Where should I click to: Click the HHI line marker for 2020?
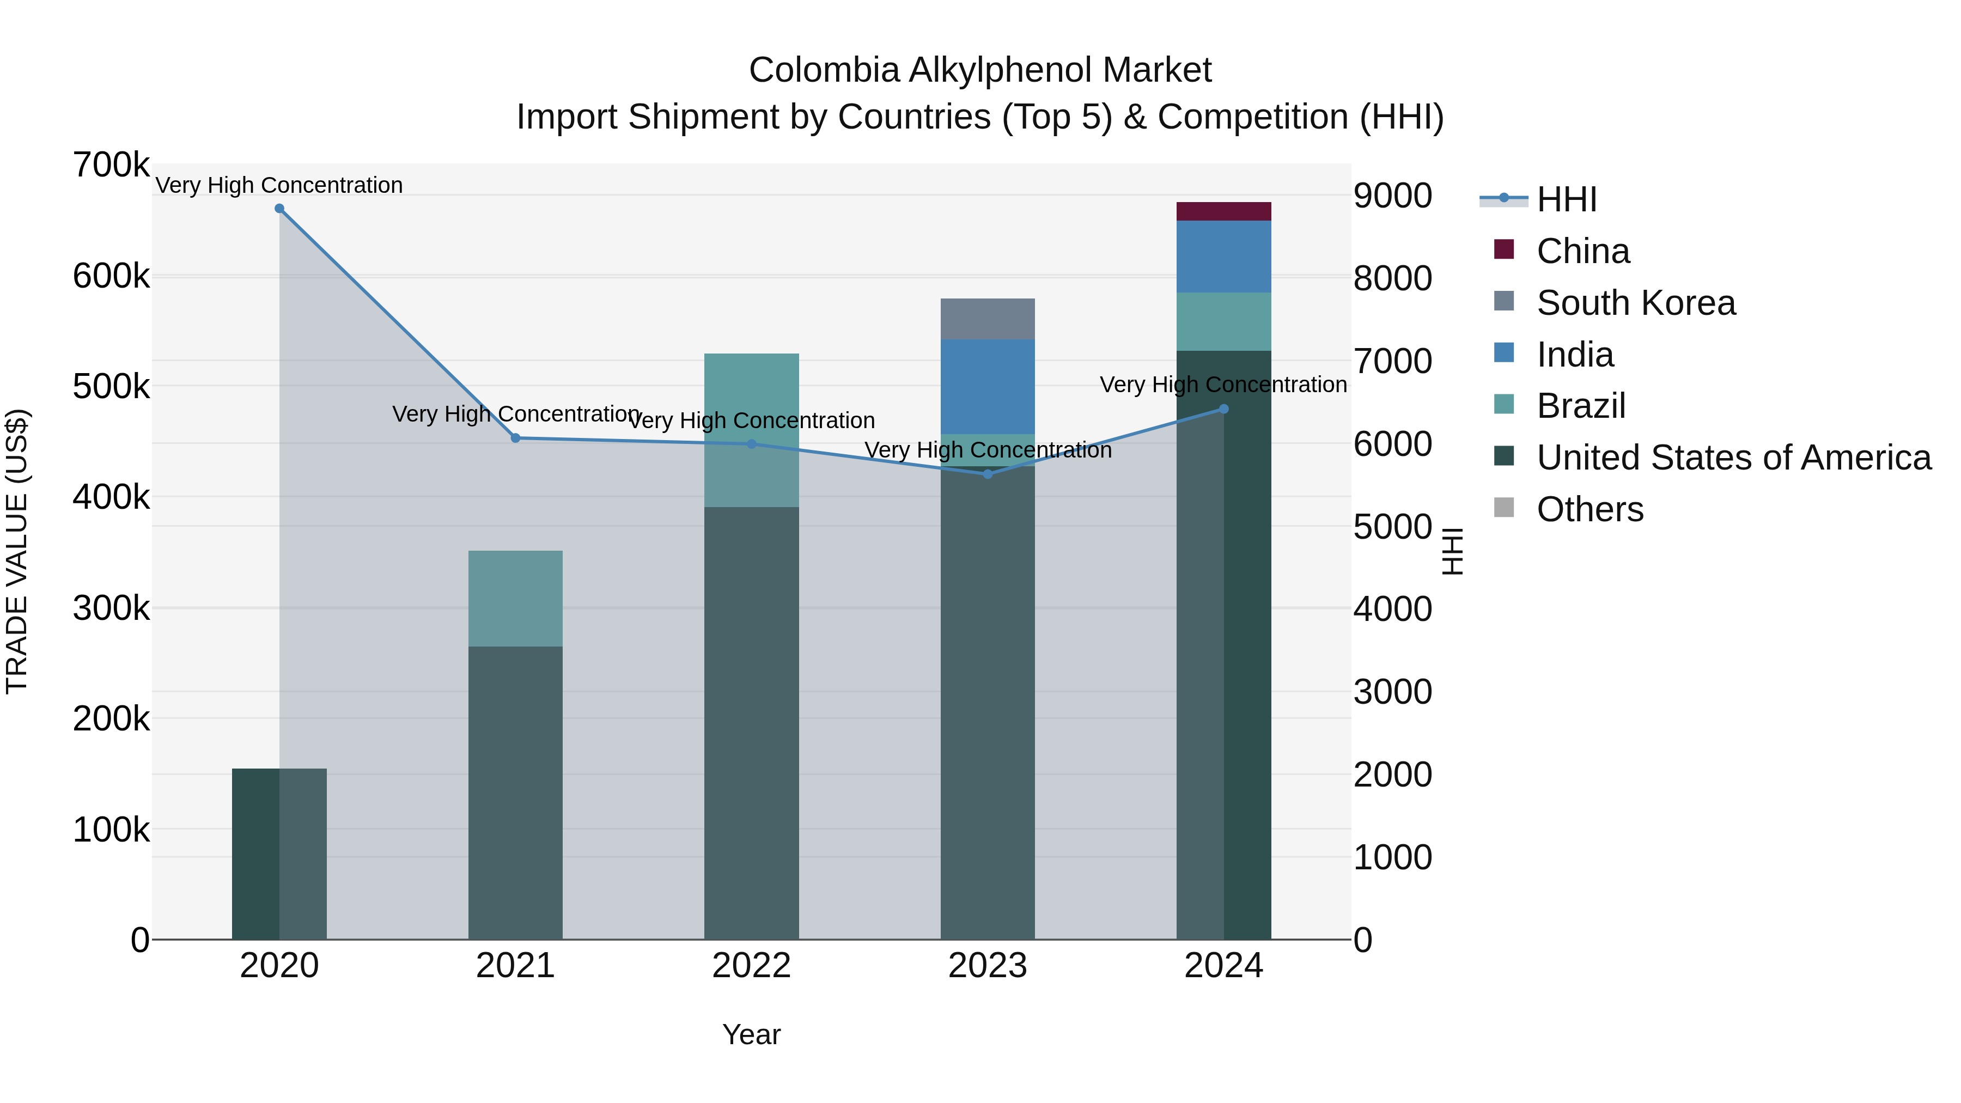pyautogui.click(x=279, y=209)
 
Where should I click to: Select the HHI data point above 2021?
pyautogui.click(x=515, y=438)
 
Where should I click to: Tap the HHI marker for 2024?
pyautogui.click(x=1223, y=409)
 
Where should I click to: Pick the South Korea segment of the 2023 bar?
pyautogui.click(x=988, y=319)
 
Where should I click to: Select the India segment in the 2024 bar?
pyautogui.click(x=1223, y=257)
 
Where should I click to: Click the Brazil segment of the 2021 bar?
pyautogui.click(x=515, y=598)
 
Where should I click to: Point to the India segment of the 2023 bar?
pyautogui.click(x=988, y=387)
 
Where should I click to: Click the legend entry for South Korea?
pyautogui.click(x=1635, y=303)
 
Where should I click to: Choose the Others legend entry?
pyautogui.click(x=1589, y=509)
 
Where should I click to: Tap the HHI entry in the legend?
pyautogui.click(x=1566, y=199)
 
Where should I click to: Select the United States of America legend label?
pyautogui.click(x=1733, y=458)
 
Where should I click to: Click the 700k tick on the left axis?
pyautogui.click(x=111, y=165)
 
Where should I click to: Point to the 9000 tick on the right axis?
pyautogui.click(x=1392, y=196)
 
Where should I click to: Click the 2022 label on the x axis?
pyautogui.click(x=751, y=966)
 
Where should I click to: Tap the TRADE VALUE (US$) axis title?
pyautogui.click(x=17, y=551)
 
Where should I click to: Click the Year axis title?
pyautogui.click(x=751, y=1034)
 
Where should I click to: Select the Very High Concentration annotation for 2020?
pyautogui.click(x=279, y=185)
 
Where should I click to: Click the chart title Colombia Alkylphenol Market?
pyautogui.click(x=980, y=70)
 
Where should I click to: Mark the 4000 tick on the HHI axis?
pyautogui.click(x=1392, y=609)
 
